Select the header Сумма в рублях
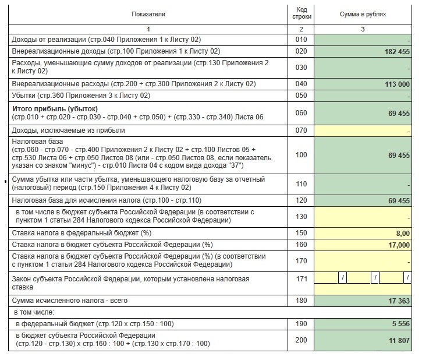point(363,13)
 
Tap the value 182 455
point(394,52)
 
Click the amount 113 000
point(394,84)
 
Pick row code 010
point(301,40)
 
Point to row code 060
point(301,113)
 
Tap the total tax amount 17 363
point(397,301)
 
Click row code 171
point(301,279)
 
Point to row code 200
point(301,340)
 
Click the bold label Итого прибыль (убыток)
point(55,109)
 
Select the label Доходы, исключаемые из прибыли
point(69,131)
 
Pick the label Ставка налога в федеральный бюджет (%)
point(79,232)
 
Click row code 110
point(301,183)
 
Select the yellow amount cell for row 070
point(363,131)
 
